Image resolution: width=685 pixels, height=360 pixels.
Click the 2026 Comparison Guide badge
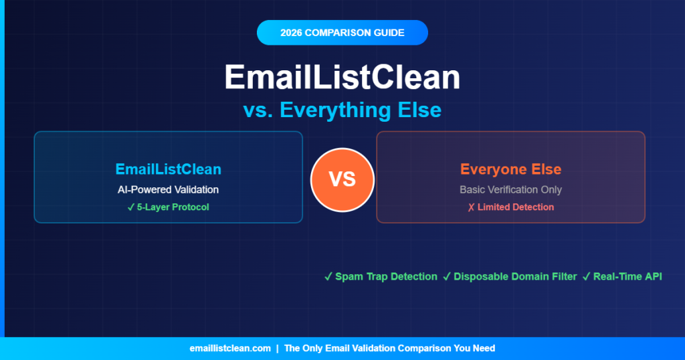[342, 33]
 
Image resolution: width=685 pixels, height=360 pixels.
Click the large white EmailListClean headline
[342, 78]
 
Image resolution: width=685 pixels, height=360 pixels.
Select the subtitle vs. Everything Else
[342, 110]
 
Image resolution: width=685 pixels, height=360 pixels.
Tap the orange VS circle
[342, 179]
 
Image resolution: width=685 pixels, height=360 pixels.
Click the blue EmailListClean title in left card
[168, 169]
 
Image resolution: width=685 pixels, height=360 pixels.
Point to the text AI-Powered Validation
[168, 189]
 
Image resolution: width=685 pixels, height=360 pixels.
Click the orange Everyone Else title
[510, 169]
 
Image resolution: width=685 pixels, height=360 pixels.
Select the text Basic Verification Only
[510, 189]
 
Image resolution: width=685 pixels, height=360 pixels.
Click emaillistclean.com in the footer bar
[230, 348]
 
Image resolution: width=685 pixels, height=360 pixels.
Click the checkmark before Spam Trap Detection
[328, 276]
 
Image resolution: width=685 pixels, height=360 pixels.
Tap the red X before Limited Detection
[471, 207]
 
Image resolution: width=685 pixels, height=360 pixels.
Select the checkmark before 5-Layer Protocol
[131, 207]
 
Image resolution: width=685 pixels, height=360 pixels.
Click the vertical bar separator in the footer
[278, 348]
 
